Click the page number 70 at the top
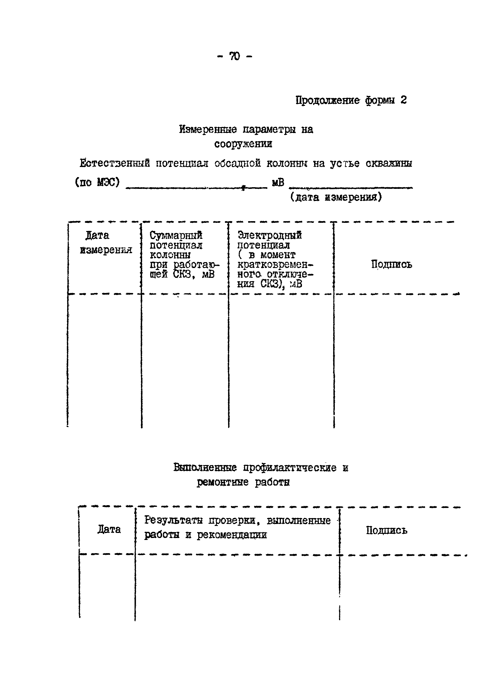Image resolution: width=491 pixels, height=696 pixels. click(235, 56)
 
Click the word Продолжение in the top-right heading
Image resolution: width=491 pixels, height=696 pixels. click(328, 100)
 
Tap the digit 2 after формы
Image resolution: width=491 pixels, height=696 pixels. click(403, 100)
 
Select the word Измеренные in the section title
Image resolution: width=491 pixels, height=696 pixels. click(208, 130)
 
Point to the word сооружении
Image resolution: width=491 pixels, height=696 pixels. click(243, 144)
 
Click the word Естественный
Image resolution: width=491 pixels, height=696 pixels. click(115, 164)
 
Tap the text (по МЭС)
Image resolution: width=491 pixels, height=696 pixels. click(97, 182)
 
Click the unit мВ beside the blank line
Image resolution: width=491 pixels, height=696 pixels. click(278, 182)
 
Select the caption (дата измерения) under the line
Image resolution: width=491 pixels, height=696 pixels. click(336, 198)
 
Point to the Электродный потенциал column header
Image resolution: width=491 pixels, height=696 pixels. click(269, 240)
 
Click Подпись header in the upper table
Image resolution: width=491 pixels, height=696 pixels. click(392, 264)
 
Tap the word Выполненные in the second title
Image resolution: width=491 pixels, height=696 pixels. click(205, 468)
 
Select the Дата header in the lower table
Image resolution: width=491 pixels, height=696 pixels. click(109, 529)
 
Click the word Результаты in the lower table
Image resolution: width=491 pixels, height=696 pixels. click(173, 521)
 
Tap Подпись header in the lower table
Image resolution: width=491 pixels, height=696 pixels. click(387, 530)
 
